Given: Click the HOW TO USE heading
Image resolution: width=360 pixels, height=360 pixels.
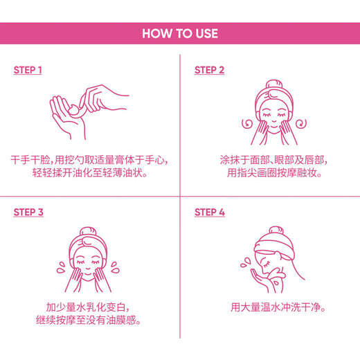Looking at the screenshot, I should [179, 33].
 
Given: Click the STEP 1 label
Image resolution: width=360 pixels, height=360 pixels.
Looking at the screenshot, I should [28, 71].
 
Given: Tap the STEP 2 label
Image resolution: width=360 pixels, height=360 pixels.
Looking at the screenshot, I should [209, 71].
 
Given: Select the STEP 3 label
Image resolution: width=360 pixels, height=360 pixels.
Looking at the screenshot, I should [28, 213].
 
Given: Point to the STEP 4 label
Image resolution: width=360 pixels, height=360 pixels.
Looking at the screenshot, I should [209, 213].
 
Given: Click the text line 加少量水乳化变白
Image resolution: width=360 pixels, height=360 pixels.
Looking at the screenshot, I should [89, 307].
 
